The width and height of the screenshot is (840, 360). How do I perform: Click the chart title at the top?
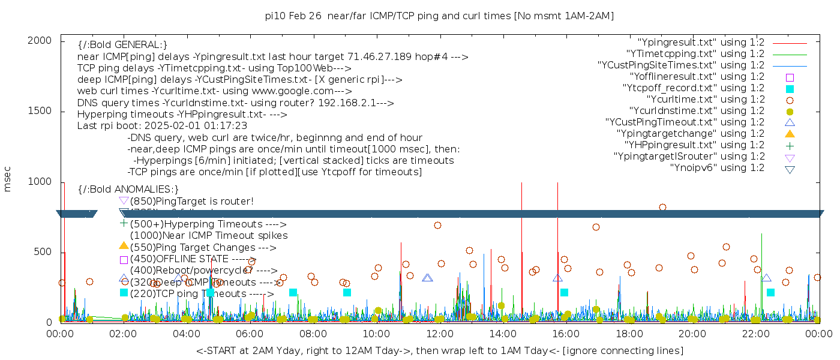pyautogui.click(x=439, y=16)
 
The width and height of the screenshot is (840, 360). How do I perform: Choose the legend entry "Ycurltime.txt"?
pyautogui.click(x=705, y=100)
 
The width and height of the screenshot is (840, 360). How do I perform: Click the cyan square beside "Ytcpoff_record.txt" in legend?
pyautogui.click(x=790, y=88)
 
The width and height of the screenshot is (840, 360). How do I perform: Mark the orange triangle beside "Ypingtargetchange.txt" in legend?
pyautogui.click(x=790, y=134)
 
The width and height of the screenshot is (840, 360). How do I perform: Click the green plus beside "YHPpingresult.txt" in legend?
pyautogui.click(x=790, y=145)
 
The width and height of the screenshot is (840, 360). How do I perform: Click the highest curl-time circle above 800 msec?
pyautogui.click(x=662, y=207)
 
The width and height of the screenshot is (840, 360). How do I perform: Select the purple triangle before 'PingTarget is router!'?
pyautogui.click(x=124, y=200)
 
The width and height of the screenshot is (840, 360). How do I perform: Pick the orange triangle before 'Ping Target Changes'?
pyautogui.click(x=124, y=245)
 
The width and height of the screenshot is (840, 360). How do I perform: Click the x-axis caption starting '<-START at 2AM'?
pyautogui.click(x=439, y=350)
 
